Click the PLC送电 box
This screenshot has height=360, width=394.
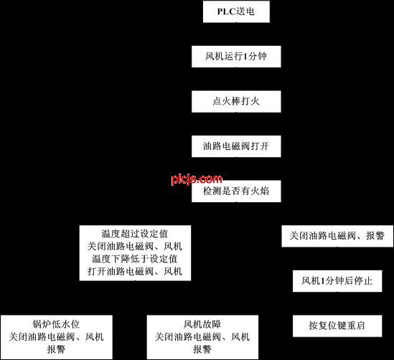click(x=236, y=11)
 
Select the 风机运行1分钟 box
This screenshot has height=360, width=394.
click(x=236, y=57)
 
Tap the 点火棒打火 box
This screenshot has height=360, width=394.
click(x=236, y=101)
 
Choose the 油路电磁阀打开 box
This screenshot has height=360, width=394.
click(x=236, y=146)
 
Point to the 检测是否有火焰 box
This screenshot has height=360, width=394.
click(x=236, y=191)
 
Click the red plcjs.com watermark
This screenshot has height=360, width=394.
click(x=197, y=179)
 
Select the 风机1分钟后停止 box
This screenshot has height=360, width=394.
click(x=337, y=281)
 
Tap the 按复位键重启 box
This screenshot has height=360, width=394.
click(x=337, y=326)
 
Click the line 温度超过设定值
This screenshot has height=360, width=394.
click(x=135, y=234)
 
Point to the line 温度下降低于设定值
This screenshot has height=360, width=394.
click(x=135, y=259)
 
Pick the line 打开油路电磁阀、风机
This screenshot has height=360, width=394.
click(x=135, y=271)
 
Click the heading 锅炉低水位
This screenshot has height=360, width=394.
click(x=56, y=324)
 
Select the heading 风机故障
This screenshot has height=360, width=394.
click(x=202, y=324)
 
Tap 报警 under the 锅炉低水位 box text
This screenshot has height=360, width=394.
click(x=56, y=349)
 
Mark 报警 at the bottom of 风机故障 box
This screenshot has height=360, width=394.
click(x=202, y=349)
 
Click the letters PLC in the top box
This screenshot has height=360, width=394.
click(x=226, y=11)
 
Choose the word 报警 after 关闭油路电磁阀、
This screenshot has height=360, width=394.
click(x=375, y=236)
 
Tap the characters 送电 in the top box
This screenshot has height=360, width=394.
click(x=245, y=11)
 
